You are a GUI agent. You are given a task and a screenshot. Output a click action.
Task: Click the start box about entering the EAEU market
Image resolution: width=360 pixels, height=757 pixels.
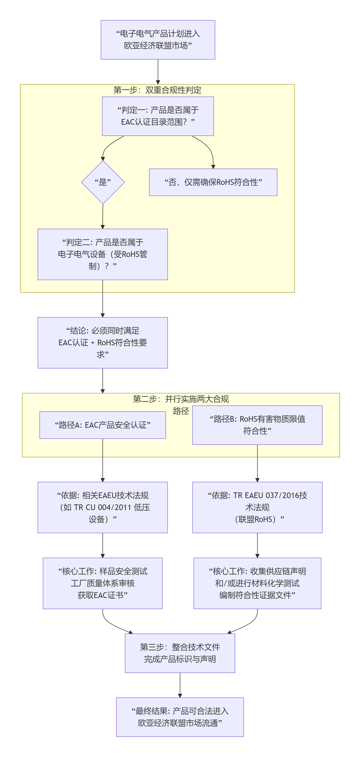click(x=158, y=40)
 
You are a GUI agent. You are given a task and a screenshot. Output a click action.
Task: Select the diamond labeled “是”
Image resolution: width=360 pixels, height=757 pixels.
click(x=103, y=182)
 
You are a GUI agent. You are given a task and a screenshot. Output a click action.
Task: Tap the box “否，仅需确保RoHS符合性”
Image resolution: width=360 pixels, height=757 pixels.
click(x=213, y=182)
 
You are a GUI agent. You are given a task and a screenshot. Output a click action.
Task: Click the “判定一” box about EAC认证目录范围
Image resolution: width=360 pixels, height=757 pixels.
click(x=158, y=116)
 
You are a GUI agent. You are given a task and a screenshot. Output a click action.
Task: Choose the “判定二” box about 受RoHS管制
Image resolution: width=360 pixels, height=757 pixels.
click(x=103, y=254)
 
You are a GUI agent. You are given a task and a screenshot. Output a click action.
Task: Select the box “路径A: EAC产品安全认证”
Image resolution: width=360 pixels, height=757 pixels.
click(x=103, y=425)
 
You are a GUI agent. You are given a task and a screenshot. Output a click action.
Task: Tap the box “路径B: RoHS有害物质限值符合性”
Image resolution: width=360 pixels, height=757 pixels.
click(x=257, y=425)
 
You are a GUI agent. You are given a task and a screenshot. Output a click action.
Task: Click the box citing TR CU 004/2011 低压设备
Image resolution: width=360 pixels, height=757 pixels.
click(x=103, y=507)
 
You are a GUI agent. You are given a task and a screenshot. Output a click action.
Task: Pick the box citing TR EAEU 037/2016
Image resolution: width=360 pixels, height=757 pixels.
click(x=257, y=507)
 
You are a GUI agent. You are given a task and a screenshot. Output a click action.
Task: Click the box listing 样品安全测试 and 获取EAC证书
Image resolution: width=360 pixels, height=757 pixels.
click(x=103, y=583)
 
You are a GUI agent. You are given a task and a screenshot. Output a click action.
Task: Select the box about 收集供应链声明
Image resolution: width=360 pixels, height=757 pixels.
click(x=257, y=583)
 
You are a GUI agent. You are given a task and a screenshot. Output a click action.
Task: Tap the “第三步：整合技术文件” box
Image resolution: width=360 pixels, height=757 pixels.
click(x=180, y=653)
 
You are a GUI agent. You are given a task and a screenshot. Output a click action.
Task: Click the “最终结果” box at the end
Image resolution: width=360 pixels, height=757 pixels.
click(x=180, y=717)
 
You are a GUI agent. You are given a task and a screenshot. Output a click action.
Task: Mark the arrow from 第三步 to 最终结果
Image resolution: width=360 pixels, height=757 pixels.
click(x=180, y=685)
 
